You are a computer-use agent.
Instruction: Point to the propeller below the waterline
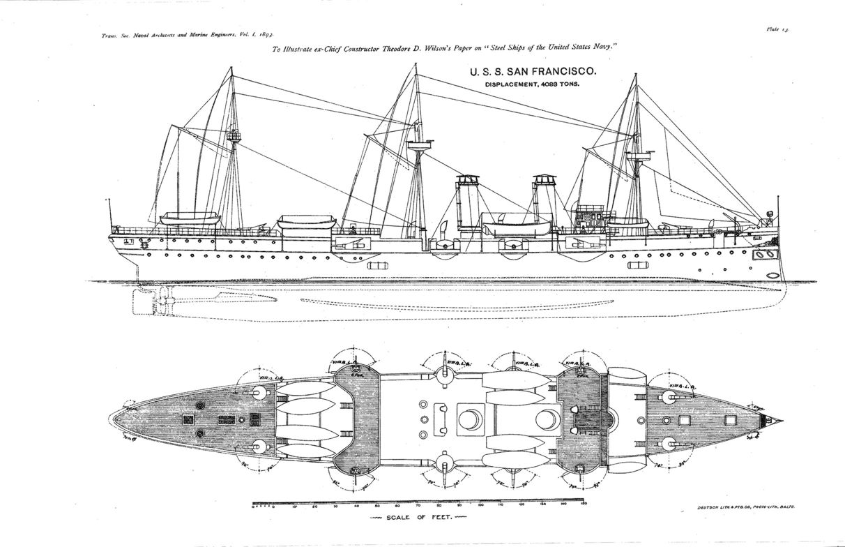[x=154, y=302]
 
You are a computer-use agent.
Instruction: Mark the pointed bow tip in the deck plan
[x=780, y=421]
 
